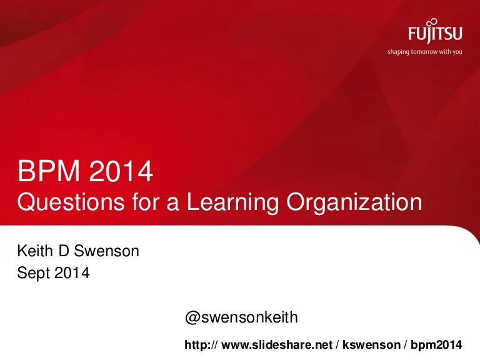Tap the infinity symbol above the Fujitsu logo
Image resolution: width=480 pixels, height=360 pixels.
click(x=432, y=22)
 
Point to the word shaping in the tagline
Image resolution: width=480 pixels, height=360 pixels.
click(x=398, y=52)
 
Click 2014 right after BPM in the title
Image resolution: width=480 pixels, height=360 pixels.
click(x=121, y=171)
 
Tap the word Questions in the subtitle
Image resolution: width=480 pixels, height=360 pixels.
click(x=71, y=202)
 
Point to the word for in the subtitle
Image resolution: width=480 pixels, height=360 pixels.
click(x=146, y=202)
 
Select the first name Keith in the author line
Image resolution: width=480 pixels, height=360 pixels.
click(x=35, y=251)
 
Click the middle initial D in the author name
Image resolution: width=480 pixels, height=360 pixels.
click(x=63, y=251)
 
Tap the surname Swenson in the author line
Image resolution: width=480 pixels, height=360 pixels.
click(x=106, y=251)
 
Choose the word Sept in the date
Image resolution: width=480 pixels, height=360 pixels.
click(x=33, y=272)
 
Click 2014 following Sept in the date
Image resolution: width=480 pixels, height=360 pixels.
click(x=72, y=272)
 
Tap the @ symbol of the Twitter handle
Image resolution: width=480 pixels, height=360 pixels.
click(x=192, y=317)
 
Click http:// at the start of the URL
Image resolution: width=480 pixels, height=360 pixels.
click(x=201, y=345)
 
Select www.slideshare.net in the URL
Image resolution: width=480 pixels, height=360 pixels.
click(x=277, y=345)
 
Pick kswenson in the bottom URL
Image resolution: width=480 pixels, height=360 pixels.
click(x=371, y=345)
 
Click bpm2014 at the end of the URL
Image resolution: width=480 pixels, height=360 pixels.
click(x=436, y=345)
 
